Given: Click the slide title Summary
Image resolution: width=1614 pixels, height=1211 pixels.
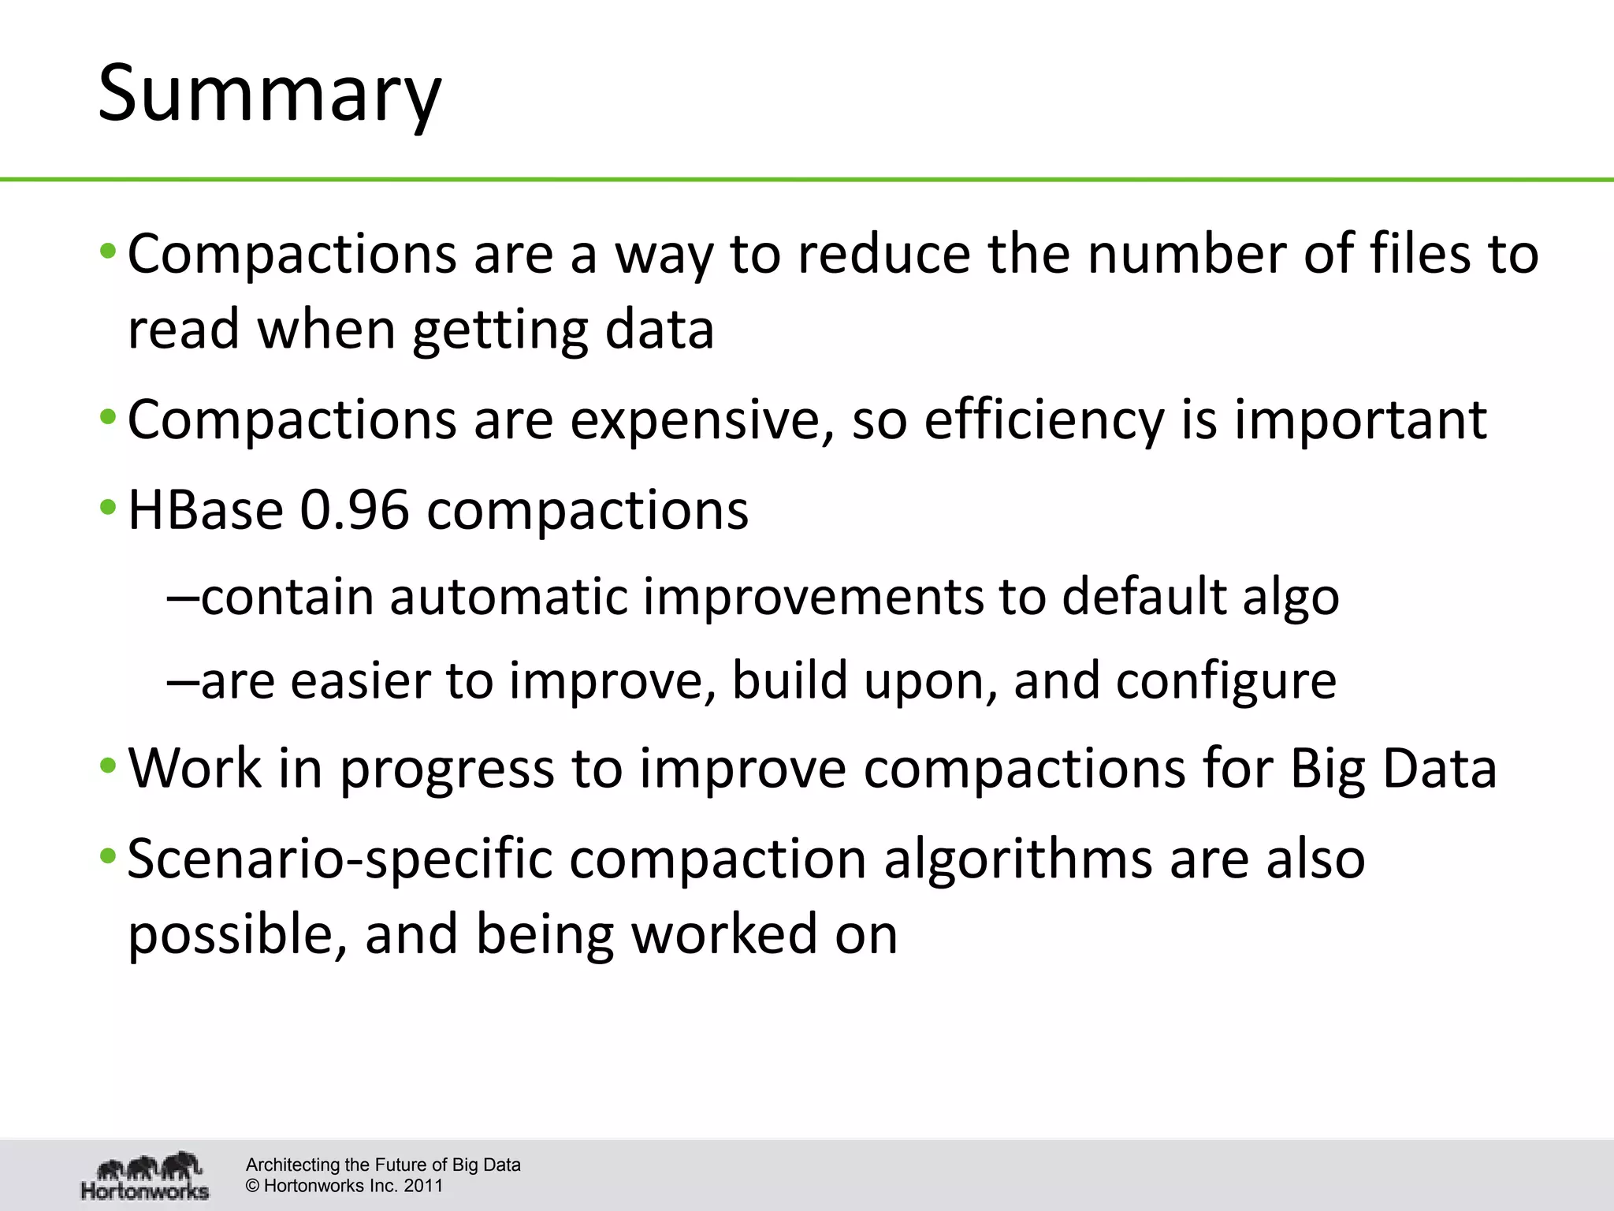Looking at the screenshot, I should [x=270, y=95].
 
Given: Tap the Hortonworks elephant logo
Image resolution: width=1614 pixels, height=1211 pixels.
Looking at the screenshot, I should [x=146, y=1175].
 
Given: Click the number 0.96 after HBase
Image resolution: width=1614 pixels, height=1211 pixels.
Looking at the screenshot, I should [x=355, y=510].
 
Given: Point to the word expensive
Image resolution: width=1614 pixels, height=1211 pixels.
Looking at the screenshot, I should [x=701, y=419].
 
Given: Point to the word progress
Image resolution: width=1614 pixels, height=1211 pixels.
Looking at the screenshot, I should [x=447, y=769].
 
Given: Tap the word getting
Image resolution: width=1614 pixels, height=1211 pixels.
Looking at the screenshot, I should [x=500, y=330].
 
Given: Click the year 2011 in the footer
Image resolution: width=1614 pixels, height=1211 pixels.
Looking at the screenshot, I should [x=424, y=1186].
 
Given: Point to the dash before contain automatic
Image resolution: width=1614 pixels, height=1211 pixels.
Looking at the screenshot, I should [x=182, y=598].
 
